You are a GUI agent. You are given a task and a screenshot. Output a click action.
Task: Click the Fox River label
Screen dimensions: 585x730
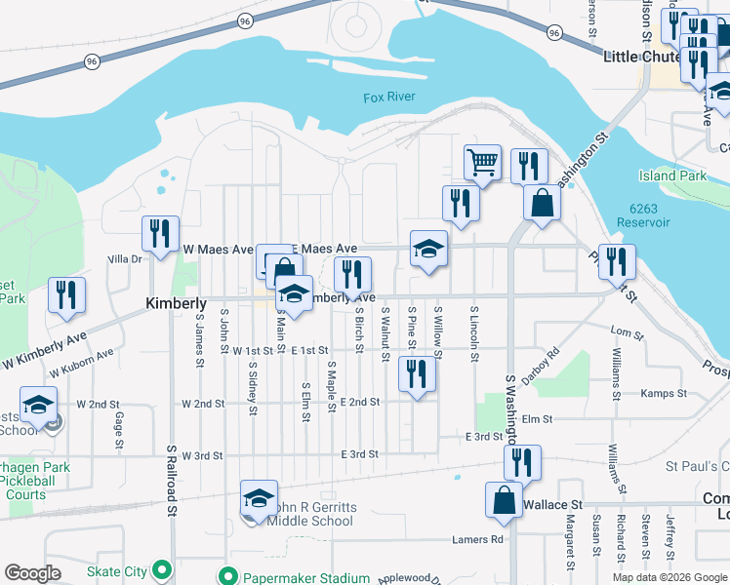[x=389, y=97]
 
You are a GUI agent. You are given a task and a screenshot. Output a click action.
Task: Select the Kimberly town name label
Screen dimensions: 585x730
[x=177, y=303]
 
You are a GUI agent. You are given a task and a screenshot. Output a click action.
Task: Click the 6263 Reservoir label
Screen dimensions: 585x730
[x=649, y=215]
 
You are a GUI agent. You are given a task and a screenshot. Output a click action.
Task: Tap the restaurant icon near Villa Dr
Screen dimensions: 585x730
[x=159, y=233]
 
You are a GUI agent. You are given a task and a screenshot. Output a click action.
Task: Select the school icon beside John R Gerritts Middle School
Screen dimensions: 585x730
[x=259, y=498]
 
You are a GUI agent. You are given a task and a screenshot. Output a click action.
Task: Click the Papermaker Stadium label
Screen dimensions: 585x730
[x=297, y=577]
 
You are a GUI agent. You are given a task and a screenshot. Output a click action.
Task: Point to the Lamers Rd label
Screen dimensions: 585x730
[x=477, y=539]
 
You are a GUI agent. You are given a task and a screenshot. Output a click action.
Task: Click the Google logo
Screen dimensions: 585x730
[x=33, y=573]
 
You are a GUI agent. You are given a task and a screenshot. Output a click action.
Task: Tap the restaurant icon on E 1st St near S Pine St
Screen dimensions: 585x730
[x=417, y=372]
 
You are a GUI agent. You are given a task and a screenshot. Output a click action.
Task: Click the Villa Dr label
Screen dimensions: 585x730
[x=125, y=259]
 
